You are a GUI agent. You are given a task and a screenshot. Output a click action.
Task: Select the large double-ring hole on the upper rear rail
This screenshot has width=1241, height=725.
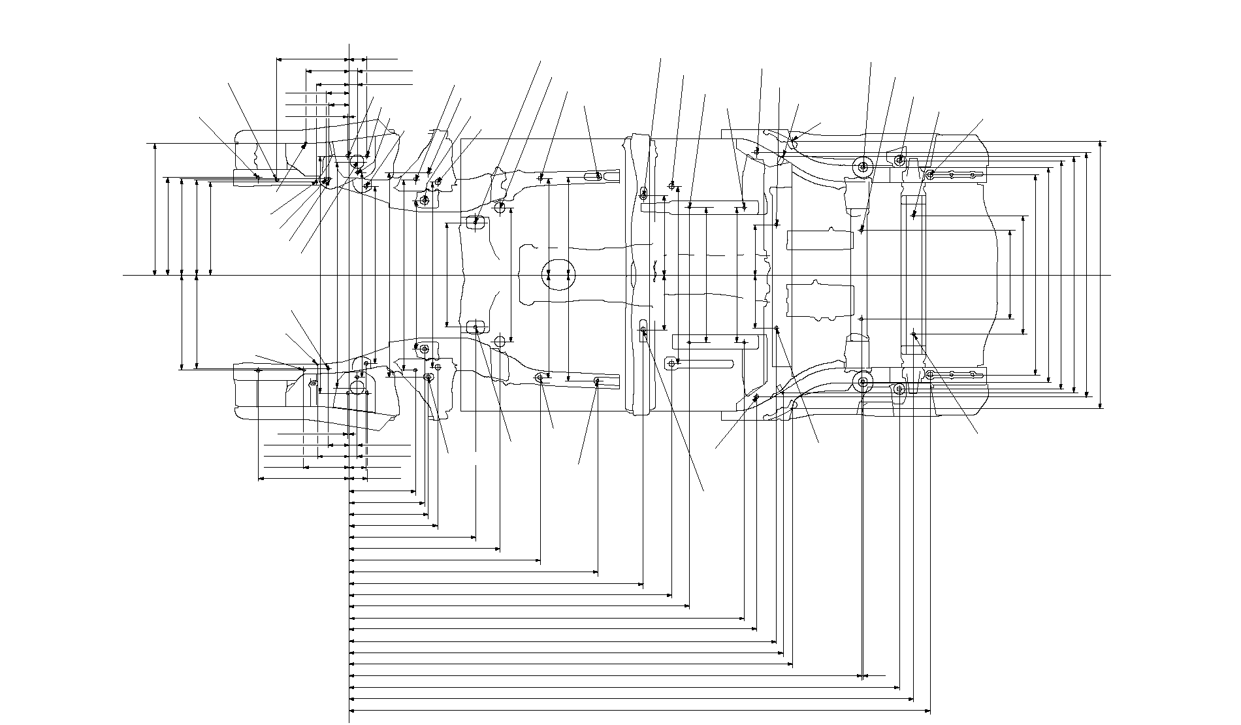pyautogui.click(x=863, y=167)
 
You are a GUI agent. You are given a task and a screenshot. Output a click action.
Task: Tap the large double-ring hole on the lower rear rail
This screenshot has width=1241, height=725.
pyautogui.click(x=863, y=382)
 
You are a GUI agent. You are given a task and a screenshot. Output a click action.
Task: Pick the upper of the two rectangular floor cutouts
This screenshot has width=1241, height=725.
pyautogui.click(x=820, y=240)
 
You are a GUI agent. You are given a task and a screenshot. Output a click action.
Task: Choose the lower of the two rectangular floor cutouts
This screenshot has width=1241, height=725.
pyautogui.click(x=820, y=300)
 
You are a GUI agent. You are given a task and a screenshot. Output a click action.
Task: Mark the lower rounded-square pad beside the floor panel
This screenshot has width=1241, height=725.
pyautogui.click(x=475, y=325)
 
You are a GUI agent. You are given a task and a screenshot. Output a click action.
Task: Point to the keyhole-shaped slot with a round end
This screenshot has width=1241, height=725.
pyautogui.click(x=671, y=362)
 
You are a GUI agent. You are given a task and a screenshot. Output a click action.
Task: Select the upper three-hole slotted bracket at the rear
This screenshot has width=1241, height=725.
pyautogui.click(x=954, y=174)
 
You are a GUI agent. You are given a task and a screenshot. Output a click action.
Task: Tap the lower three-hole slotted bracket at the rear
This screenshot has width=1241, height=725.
pyautogui.click(x=954, y=375)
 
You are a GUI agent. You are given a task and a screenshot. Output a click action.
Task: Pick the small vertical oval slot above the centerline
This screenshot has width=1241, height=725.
pyautogui.click(x=644, y=193)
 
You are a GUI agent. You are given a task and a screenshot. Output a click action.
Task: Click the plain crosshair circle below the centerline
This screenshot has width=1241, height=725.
pyautogui.click(x=500, y=341)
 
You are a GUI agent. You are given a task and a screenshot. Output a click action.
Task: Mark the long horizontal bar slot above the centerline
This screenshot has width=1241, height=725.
pyautogui.click(x=699, y=208)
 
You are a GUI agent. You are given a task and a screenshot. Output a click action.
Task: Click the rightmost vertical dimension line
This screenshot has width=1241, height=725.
pyautogui.click(x=1101, y=274)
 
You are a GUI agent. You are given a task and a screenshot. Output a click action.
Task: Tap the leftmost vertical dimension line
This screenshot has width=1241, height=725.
pyautogui.click(x=155, y=209)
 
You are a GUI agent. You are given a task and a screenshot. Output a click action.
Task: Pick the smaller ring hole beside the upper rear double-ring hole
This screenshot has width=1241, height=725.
pyautogui.click(x=899, y=159)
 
